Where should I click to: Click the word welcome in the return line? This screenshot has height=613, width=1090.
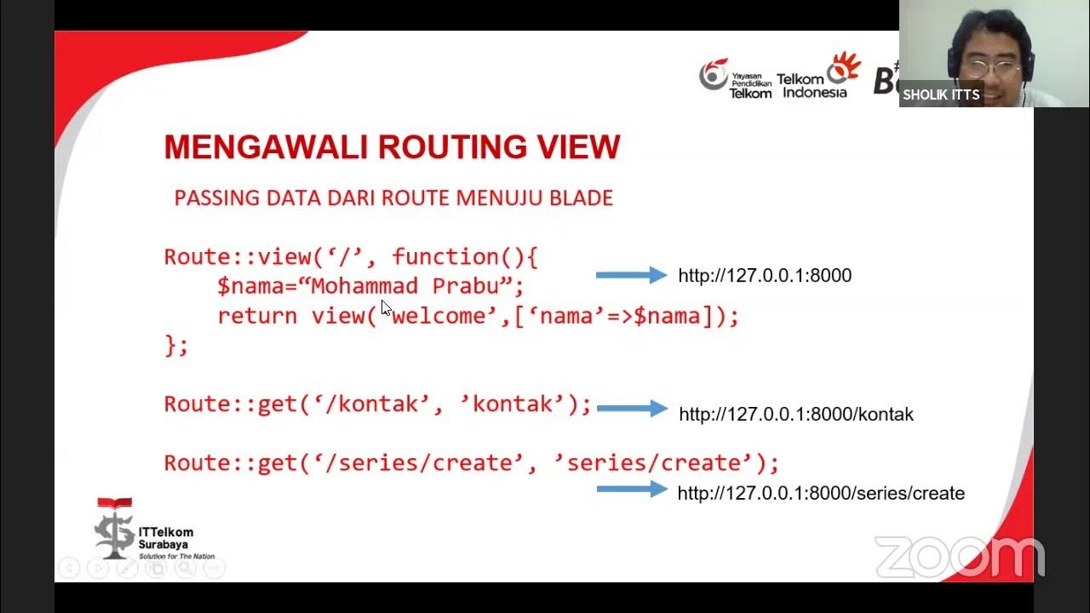pos(439,317)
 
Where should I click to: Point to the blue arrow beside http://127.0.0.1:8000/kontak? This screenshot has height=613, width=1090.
pos(632,409)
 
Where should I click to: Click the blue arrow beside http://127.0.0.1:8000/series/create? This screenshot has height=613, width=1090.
pos(632,490)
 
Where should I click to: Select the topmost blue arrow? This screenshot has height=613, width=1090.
pos(631,275)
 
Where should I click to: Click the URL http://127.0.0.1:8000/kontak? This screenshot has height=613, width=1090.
pos(795,415)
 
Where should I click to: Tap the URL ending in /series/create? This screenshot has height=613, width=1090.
pos(821,494)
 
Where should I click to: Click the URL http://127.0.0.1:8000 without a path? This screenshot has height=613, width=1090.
pos(765,276)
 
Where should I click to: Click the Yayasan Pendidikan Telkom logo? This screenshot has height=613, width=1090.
pos(735,78)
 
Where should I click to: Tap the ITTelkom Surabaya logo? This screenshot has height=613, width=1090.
pos(145,530)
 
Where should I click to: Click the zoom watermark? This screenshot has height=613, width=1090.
pos(959,559)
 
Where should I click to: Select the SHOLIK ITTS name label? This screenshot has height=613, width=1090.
pos(941,95)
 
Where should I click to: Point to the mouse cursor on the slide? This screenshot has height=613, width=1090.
pos(386,307)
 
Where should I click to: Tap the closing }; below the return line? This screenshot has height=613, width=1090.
pos(176,346)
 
